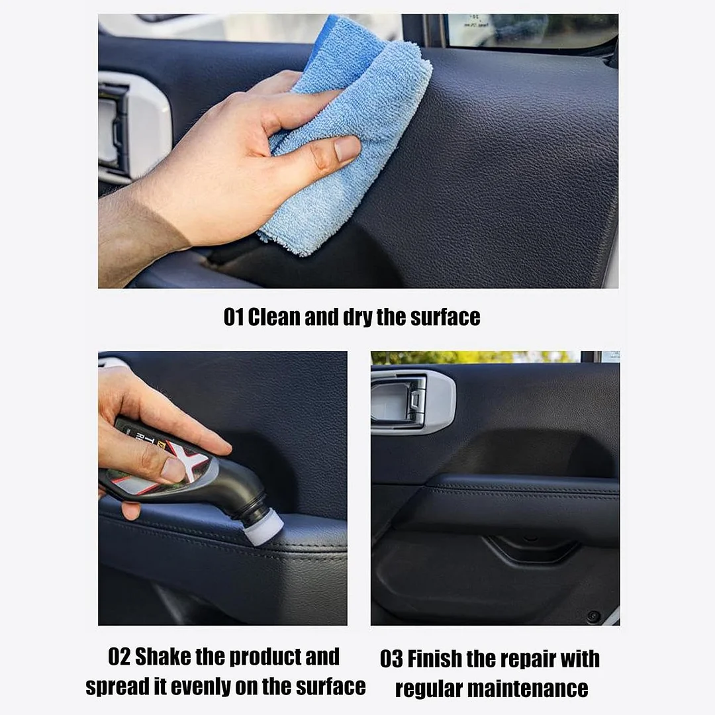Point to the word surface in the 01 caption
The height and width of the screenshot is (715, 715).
click(x=445, y=317)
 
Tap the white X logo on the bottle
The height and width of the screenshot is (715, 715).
click(x=191, y=459)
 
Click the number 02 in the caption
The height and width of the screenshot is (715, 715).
click(x=119, y=657)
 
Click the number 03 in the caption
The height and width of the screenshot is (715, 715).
click(x=391, y=659)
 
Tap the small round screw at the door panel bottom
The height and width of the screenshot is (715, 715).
click(x=594, y=615)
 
